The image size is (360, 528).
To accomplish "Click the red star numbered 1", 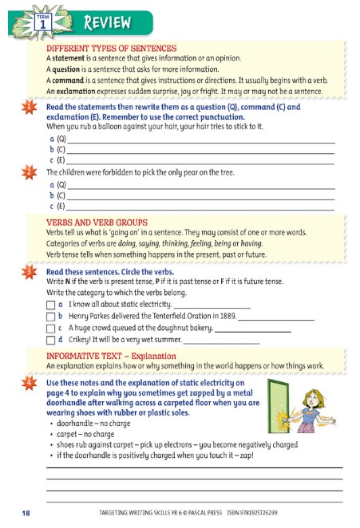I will pos(29,107).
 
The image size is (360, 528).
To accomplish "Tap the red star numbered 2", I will pos(29,171).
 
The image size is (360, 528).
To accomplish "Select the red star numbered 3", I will pos(29,271).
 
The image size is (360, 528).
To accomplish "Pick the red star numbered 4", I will pos(29,383).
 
